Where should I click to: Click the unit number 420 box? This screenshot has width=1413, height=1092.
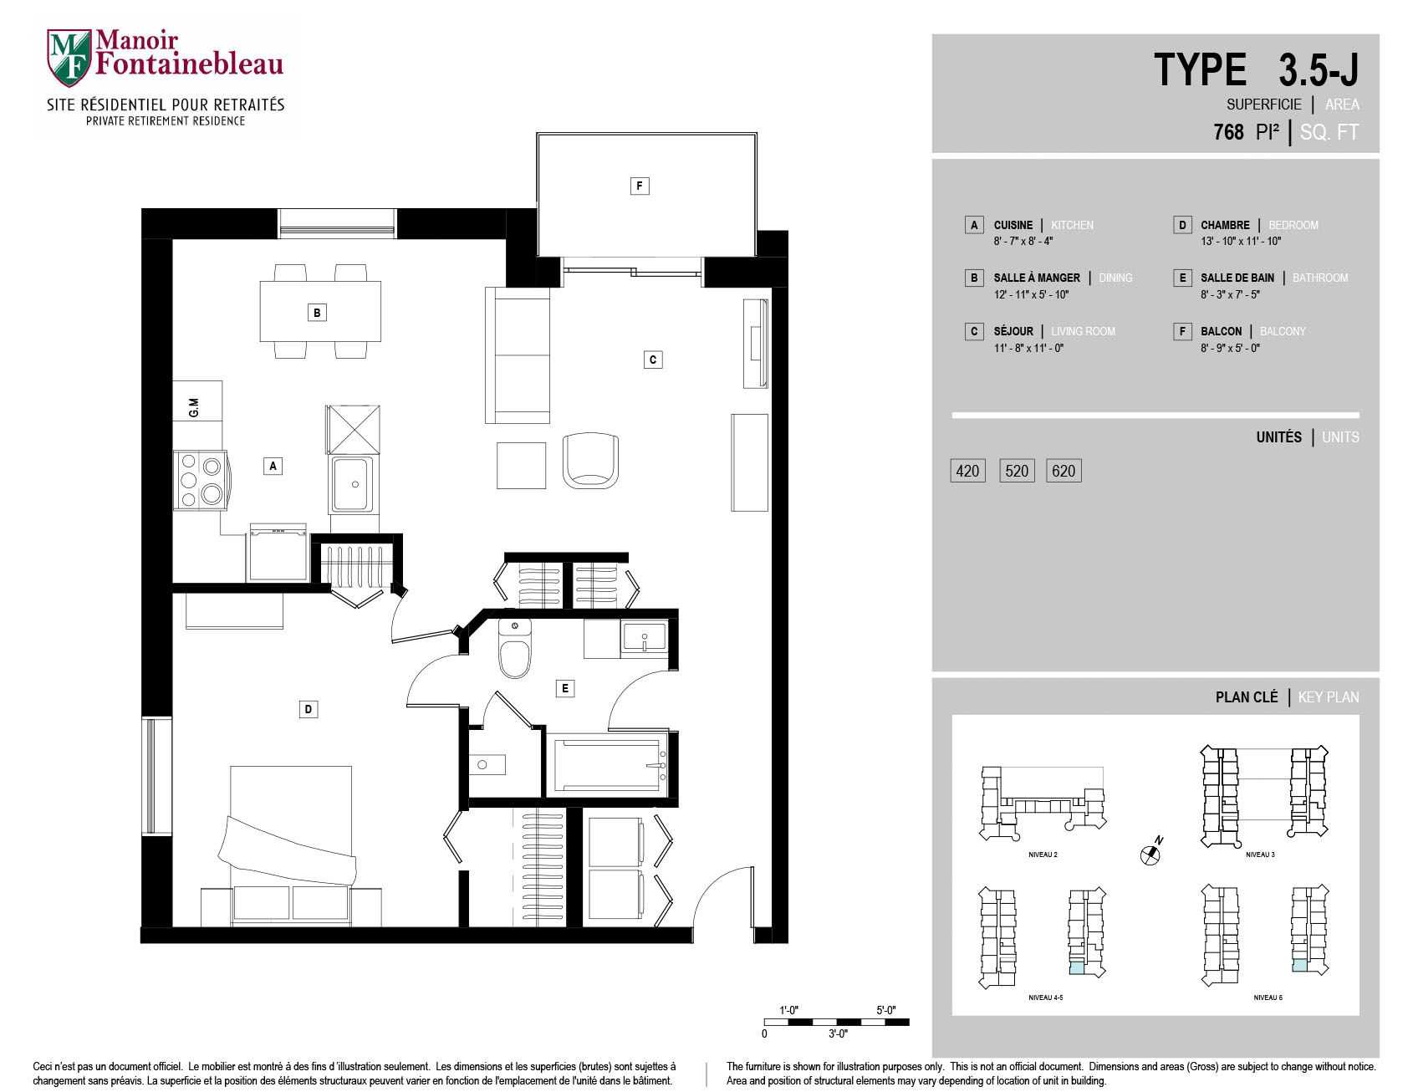[967, 471]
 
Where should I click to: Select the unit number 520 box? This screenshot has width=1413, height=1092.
[1017, 471]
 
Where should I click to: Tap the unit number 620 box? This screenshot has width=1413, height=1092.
[1064, 471]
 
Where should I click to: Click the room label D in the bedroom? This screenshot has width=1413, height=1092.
[309, 709]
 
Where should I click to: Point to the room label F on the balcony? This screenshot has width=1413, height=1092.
[640, 186]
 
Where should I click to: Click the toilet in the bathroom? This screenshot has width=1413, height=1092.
[515, 648]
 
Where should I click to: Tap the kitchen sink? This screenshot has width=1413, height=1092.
[353, 484]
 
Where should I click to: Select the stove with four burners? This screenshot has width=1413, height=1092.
[201, 480]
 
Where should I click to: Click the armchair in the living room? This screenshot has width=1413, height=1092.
[591, 460]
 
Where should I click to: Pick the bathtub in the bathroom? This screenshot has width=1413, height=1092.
[608, 764]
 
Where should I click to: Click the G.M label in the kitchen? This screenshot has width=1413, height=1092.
[194, 407]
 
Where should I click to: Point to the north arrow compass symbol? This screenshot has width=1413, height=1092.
[1151, 852]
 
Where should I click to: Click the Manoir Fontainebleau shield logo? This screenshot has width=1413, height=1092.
[69, 57]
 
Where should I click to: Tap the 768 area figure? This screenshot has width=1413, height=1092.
[1228, 132]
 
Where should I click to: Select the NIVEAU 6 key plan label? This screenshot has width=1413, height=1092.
[1268, 998]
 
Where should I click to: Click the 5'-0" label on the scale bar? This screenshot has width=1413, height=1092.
[886, 1010]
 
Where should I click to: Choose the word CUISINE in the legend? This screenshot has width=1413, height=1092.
[1013, 225]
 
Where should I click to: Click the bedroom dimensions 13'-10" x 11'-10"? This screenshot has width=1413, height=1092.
[1241, 241]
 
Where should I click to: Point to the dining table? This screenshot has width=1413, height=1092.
[320, 311]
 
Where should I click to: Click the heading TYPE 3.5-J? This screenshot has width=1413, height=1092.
[1257, 69]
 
